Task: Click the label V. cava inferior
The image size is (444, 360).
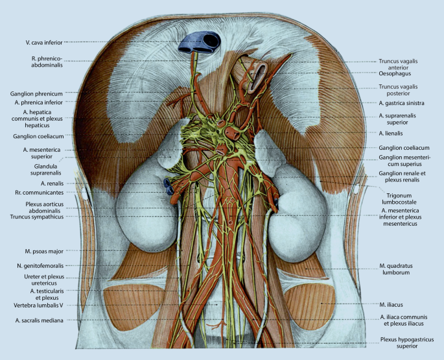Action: tap(44, 42)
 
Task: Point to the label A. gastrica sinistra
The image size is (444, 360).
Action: tap(401, 102)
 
